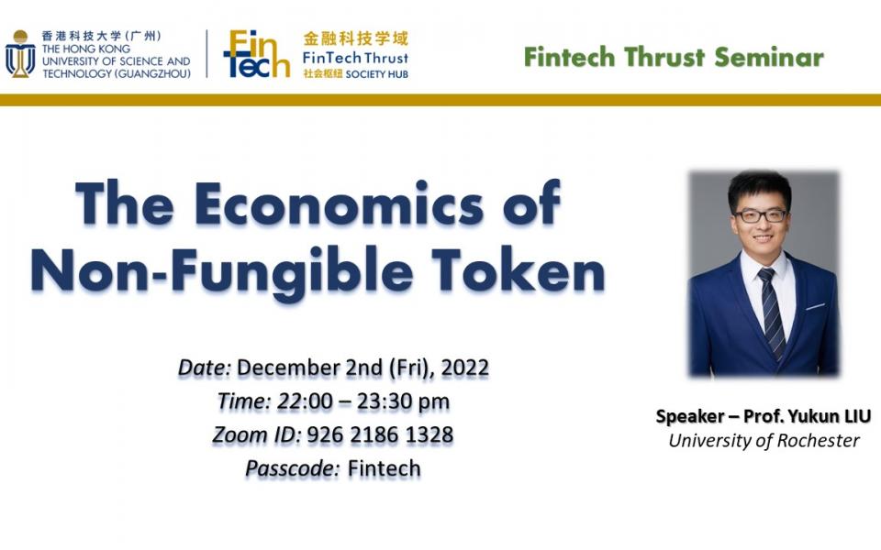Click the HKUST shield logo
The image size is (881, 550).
[20, 55]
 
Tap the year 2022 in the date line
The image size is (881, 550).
[464, 368]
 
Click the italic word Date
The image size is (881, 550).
[205, 368]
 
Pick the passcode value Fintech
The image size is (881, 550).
[384, 468]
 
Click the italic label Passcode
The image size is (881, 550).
[292, 468]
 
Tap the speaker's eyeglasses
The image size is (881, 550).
[760, 215]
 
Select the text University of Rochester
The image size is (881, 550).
[764, 441]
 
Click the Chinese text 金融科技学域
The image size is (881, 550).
[355, 38]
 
